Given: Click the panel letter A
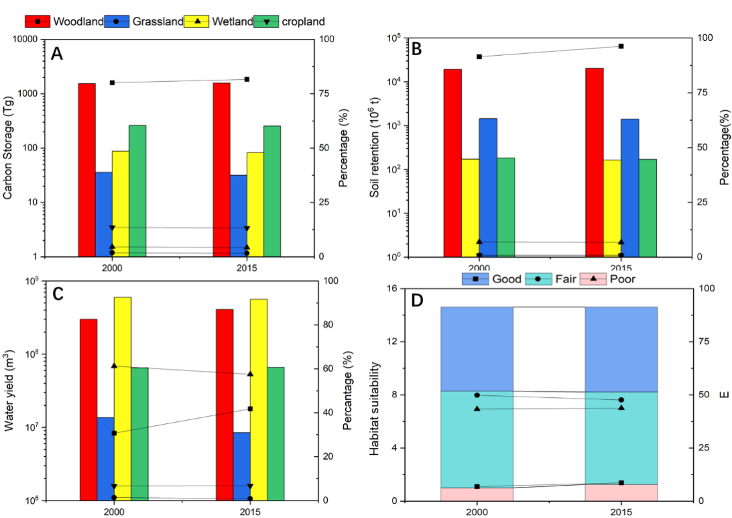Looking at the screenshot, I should (x=57, y=54).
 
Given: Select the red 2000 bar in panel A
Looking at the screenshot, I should (x=87, y=169).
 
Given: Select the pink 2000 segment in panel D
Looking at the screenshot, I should (x=477, y=494).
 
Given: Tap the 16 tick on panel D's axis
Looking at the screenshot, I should (x=426, y=289).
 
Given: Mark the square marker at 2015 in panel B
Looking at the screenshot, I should (x=621, y=46).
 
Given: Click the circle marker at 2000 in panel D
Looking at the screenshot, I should (x=477, y=395).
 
